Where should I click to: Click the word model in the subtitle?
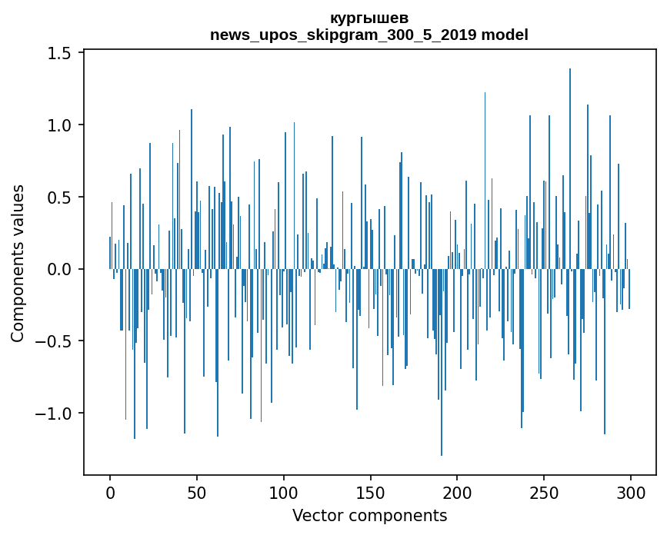coord(505,35)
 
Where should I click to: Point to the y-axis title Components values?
coord(18,263)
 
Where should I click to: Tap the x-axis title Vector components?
coord(369,515)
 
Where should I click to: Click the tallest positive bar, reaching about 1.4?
coord(570,169)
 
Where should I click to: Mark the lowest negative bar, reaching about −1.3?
coord(442,361)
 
